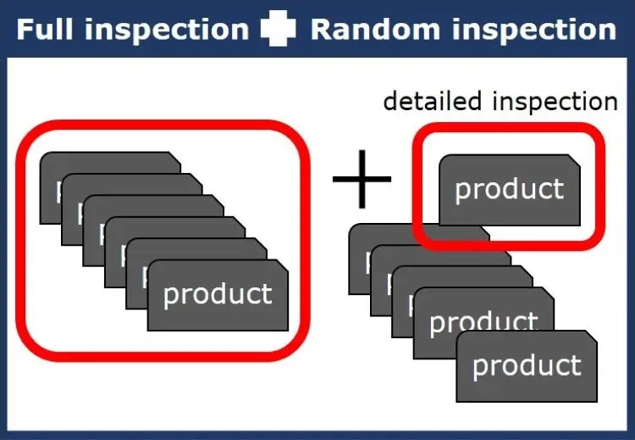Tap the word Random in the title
[363, 30]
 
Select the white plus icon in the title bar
[278, 30]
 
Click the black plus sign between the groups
[362, 179]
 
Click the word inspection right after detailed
[554, 102]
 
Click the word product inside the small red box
[509, 188]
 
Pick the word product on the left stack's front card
[218, 293]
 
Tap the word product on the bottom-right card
[527, 365]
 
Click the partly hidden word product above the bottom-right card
[483, 322]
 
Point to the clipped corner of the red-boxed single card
[572, 160]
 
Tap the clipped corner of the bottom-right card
[591, 337]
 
